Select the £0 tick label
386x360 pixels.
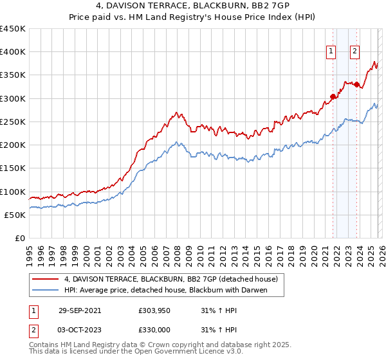pos(19,238)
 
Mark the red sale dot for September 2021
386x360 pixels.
pos(333,97)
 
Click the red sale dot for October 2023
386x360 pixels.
pos(356,84)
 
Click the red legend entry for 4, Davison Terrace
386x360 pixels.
pos(170,280)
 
